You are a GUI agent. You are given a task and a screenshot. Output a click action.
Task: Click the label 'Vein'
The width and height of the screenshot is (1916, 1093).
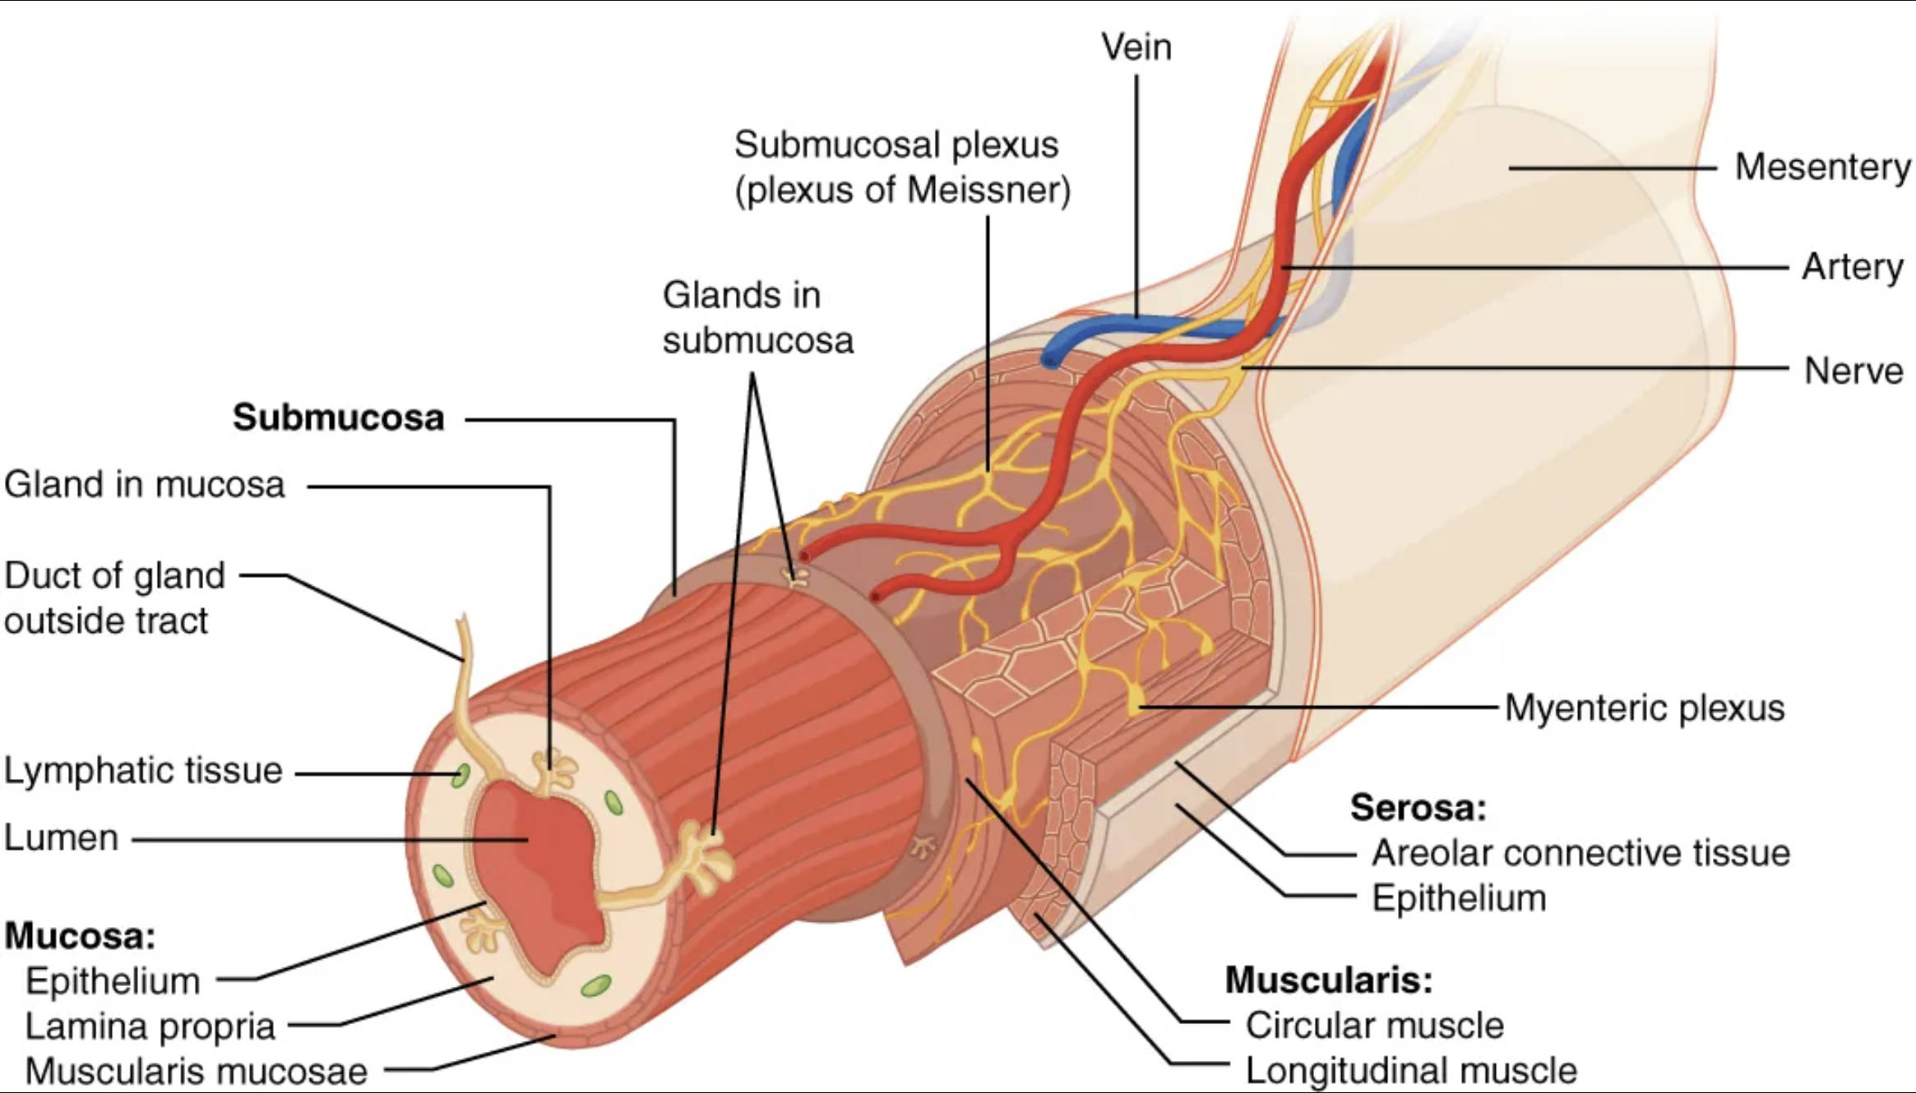coord(1136,47)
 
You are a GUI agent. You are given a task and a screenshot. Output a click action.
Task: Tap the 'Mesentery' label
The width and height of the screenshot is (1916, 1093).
coord(1821,167)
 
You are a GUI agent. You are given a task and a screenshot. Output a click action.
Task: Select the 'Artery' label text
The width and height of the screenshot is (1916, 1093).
coord(1852,267)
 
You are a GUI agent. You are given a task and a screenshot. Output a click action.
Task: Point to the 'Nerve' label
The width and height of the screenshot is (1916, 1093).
coord(1853,371)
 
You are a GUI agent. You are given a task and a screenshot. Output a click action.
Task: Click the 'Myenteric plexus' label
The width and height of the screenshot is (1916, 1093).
coord(1645,708)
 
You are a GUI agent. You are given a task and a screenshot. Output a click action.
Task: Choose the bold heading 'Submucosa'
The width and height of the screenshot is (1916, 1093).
coord(338,417)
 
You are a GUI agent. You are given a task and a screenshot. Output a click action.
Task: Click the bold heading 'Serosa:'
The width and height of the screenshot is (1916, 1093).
coord(1418,808)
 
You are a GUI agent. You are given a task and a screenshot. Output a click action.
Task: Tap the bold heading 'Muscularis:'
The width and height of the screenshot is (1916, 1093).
coord(1328,980)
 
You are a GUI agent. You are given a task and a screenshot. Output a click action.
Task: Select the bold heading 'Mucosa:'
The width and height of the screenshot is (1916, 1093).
coord(80,935)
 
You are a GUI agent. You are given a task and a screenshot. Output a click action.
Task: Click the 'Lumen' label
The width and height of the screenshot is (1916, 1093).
coord(62,838)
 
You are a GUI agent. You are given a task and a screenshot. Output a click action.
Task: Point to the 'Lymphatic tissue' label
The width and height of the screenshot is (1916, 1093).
coord(143,771)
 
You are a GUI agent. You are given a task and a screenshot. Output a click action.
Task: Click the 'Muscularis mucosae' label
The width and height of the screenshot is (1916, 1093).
coord(196,1071)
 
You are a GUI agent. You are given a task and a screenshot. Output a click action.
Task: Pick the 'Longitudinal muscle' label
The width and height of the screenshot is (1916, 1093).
coord(1411,1071)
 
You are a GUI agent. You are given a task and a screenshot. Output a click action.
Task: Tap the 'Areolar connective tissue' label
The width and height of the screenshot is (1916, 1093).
coord(1580,853)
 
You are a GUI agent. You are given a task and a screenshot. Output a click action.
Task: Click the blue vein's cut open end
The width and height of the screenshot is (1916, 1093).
coord(1050,359)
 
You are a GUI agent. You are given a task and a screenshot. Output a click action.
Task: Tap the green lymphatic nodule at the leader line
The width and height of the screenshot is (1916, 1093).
coord(461,774)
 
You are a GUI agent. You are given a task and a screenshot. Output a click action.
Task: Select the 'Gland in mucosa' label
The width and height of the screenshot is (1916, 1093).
coord(144,485)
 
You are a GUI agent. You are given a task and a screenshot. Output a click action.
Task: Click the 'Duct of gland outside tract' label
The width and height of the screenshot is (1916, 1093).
coord(114,597)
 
